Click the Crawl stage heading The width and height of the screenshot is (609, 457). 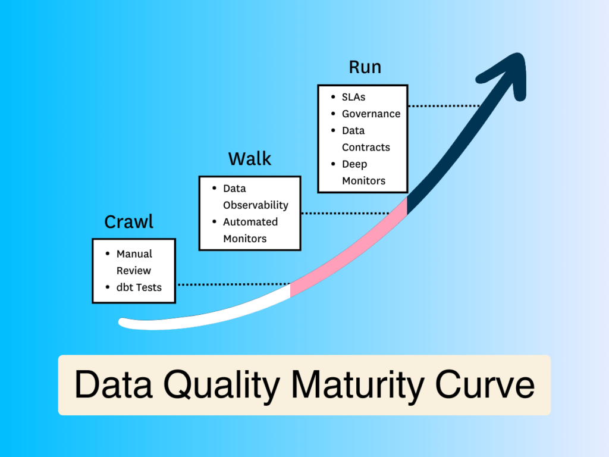128,222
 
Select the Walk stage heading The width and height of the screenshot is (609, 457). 250,159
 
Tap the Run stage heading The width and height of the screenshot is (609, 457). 365,67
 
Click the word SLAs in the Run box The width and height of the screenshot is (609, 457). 353,97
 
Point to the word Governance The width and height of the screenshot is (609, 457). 371,114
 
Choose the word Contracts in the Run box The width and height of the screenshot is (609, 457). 366,148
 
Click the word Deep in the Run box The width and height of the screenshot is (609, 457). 354,164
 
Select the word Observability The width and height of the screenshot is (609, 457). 256,205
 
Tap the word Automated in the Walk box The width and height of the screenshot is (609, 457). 250,222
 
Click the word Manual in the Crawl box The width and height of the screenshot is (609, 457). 134,253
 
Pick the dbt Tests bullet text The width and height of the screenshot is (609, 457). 139,287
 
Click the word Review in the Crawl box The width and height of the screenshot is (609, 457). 134,271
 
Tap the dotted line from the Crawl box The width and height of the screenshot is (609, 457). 234,284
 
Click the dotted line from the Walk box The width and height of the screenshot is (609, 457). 346,214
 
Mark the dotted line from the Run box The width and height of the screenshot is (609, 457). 444,106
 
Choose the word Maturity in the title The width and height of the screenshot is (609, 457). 357,386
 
